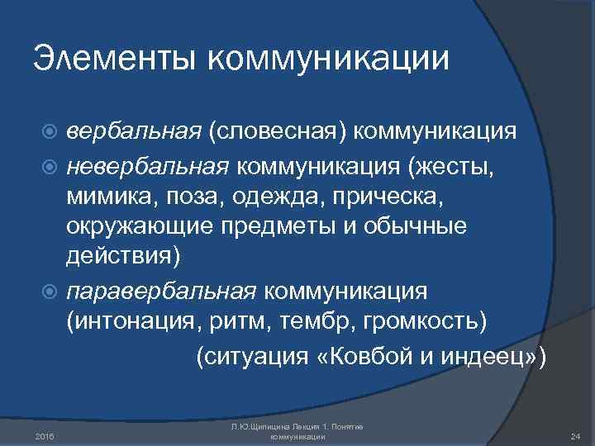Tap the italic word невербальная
pos(149,168)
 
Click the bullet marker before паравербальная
pos(54,292)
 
